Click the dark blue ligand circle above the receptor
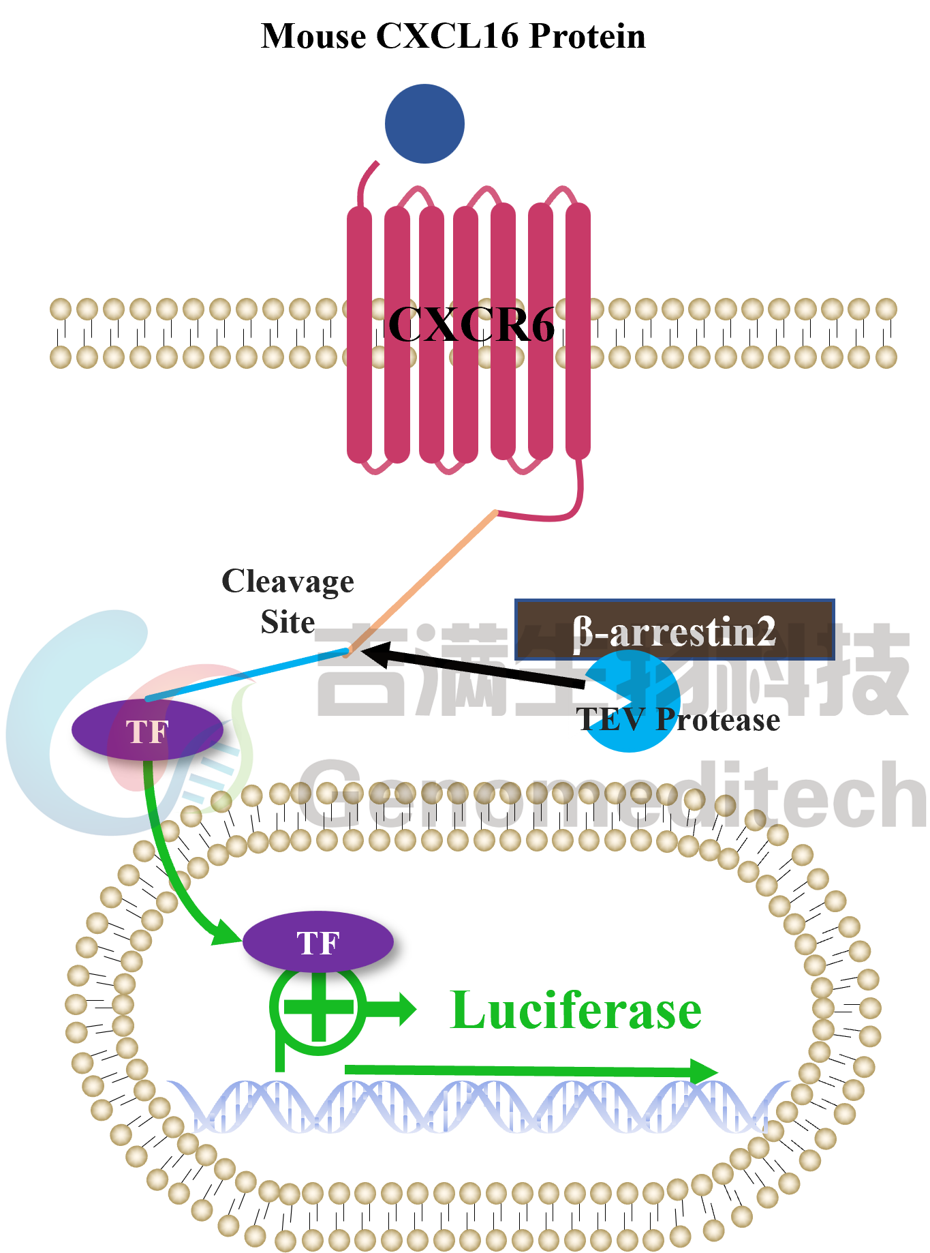[424, 123]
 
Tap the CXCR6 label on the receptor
[471, 324]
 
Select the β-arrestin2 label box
[675, 630]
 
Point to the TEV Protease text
[679, 721]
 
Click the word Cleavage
[288, 582]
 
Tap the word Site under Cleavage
[288, 622]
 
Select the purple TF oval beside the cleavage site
[147, 730]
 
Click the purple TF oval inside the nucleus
[317, 942]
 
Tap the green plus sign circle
[318, 1008]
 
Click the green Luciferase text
[576, 1010]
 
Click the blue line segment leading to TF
[245, 675]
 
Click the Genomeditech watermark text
[613, 794]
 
